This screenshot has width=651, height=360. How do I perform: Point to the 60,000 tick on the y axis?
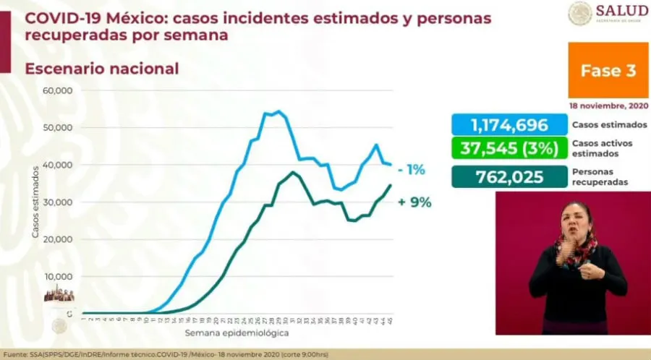[x=59, y=90]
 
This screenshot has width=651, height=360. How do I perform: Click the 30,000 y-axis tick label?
[x=59, y=202]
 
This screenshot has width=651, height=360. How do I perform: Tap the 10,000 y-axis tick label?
[x=59, y=276]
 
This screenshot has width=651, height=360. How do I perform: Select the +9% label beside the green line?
[x=414, y=202]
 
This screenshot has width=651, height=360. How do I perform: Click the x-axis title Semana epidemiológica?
[x=237, y=333]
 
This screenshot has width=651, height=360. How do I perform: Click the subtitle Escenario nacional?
[x=101, y=69]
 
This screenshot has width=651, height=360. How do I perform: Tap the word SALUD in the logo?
[x=621, y=10]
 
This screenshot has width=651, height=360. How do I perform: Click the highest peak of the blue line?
[x=278, y=111]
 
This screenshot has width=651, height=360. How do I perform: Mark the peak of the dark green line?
[x=292, y=172]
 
